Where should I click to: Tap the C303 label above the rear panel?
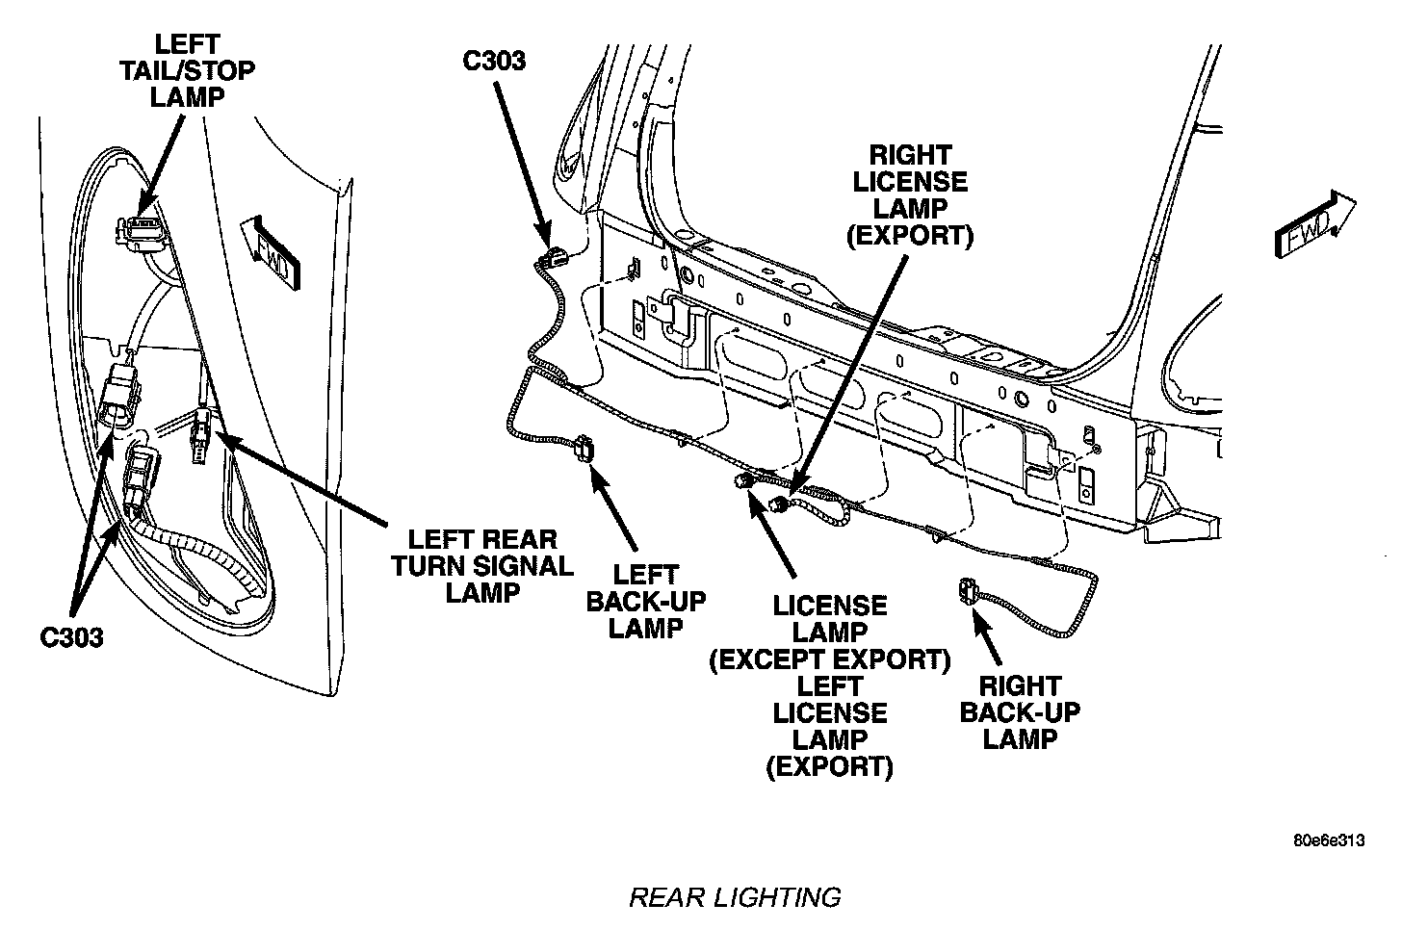coord(494,61)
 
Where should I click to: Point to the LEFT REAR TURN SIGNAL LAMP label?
coord(481,566)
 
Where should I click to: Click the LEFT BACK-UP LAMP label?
coord(646,602)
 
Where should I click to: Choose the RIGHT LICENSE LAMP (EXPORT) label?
coord(909,194)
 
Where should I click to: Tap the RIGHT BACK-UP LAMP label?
coord(1020,712)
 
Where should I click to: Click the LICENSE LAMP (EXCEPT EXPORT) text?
coord(830,633)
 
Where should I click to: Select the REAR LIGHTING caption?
coord(735,897)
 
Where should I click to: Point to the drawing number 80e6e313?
coord(1329,840)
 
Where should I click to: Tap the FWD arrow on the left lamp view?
coord(271,250)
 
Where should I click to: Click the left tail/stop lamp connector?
coord(134,230)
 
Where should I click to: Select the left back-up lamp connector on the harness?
coord(584,449)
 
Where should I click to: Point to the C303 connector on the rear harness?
coord(552,257)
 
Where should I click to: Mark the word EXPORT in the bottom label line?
coord(829,766)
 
